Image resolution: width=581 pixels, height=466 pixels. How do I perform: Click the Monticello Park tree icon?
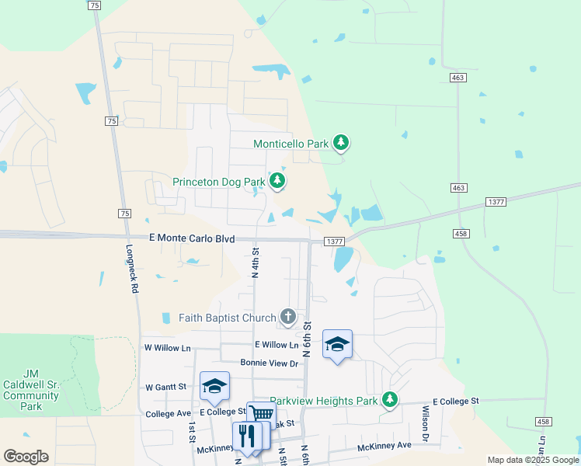[340, 143]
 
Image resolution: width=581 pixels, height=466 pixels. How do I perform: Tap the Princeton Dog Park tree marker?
[277, 182]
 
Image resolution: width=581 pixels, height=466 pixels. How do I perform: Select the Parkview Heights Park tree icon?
[390, 400]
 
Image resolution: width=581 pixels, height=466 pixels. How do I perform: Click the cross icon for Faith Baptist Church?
[287, 317]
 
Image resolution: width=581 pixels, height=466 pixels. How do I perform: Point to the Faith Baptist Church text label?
[227, 318]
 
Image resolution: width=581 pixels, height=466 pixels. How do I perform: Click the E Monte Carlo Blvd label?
[192, 240]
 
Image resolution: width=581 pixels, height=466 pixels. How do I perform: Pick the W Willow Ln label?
[167, 349]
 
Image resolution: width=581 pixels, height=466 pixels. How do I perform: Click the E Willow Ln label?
[276, 344]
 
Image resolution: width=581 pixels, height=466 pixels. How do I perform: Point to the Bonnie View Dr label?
[269, 363]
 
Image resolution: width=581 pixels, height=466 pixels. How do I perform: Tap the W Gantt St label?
[166, 386]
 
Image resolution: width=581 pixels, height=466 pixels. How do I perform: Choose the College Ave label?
[168, 414]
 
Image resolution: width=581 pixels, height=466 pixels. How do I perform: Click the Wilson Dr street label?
[426, 424]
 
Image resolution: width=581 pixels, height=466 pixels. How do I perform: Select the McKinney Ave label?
[384, 446]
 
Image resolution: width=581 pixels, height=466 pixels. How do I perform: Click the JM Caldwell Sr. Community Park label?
[31, 390]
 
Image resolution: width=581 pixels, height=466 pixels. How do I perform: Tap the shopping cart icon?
[261, 414]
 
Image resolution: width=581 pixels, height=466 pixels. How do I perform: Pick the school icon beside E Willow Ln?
[337, 344]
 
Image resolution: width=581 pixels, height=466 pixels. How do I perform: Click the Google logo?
[26, 457]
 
